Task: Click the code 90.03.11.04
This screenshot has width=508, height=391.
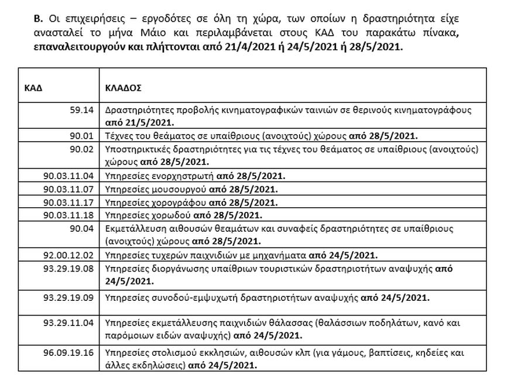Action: [68, 174]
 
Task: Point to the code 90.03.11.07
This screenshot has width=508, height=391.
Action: [68, 190]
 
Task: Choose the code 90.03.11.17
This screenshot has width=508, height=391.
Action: [68, 203]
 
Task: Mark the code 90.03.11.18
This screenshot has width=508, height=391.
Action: [68, 216]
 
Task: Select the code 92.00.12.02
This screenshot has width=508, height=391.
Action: [68, 255]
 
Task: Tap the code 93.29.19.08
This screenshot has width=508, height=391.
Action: [68, 269]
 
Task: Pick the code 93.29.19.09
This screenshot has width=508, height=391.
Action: [68, 297]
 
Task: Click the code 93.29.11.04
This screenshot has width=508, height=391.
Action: [68, 324]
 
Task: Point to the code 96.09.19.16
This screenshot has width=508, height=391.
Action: [68, 353]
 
